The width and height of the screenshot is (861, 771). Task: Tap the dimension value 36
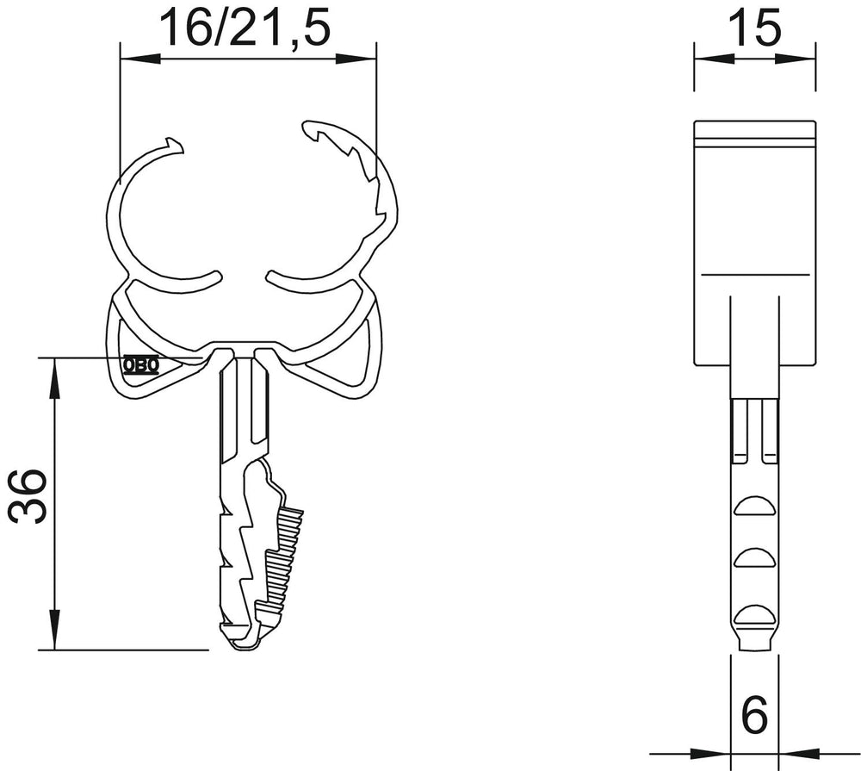28,495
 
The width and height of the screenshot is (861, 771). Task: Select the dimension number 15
754,28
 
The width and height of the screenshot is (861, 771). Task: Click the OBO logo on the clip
142,364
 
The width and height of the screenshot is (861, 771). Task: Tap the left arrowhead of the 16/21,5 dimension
140,59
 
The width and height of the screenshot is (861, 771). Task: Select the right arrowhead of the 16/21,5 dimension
356,59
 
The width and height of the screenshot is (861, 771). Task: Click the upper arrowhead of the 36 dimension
54,378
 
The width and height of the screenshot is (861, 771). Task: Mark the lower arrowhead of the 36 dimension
54,630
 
